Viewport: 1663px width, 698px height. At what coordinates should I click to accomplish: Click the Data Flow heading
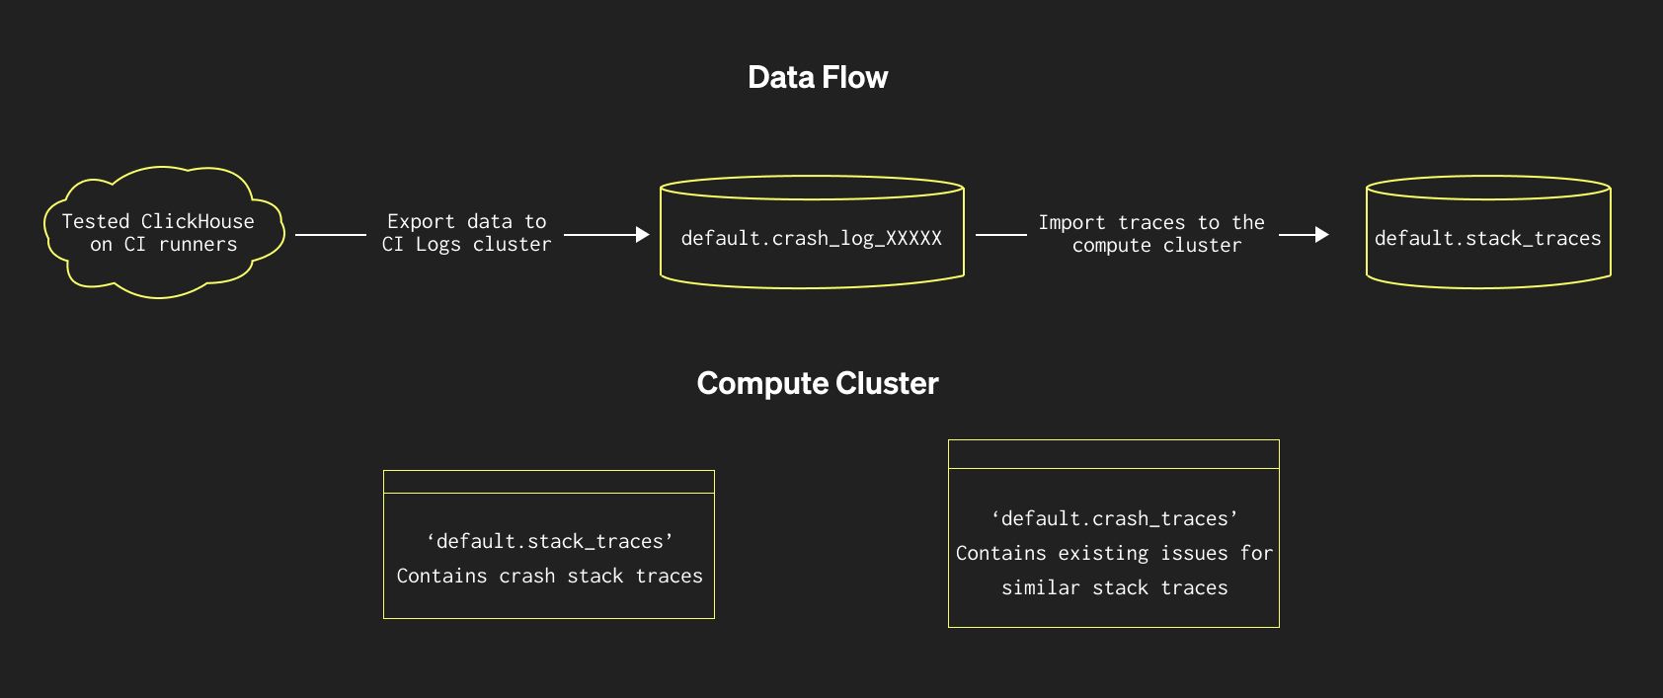tap(818, 77)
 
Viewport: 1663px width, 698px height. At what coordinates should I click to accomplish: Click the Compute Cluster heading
tap(818, 383)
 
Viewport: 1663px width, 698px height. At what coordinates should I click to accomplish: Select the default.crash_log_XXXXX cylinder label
tap(811, 238)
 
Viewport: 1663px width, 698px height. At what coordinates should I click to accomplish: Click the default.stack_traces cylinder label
tap(1487, 238)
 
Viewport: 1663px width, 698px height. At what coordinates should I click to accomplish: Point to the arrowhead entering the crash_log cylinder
tap(643, 235)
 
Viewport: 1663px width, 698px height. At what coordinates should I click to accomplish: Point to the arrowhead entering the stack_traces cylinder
tap(1322, 235)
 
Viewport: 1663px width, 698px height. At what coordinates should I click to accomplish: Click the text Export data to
tap(466, 221)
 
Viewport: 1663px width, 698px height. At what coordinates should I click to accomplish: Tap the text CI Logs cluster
tap(466, 244)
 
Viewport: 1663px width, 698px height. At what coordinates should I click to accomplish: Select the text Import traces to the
tap(1150, 222)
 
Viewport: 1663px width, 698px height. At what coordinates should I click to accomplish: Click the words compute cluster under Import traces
tap(1156, 245)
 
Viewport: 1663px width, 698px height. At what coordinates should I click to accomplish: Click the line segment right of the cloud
tap(331, 235)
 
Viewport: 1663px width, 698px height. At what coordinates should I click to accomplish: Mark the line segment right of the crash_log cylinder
tap(1001, 235)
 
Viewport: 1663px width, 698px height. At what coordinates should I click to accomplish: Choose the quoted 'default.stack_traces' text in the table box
tap(550, 541)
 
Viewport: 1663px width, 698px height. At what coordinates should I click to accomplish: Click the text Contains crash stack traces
tap(550, 576)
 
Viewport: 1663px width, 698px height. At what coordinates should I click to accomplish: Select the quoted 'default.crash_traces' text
tap(1114, 518)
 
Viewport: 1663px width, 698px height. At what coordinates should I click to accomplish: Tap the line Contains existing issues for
tap(1114, 553)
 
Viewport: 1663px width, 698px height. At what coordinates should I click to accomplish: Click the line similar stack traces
tap(1114, 587)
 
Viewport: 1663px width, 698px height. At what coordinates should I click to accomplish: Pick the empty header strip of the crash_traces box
tap(1114, 454)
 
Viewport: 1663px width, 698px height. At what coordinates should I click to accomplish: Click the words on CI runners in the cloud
tap(163, 244)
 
